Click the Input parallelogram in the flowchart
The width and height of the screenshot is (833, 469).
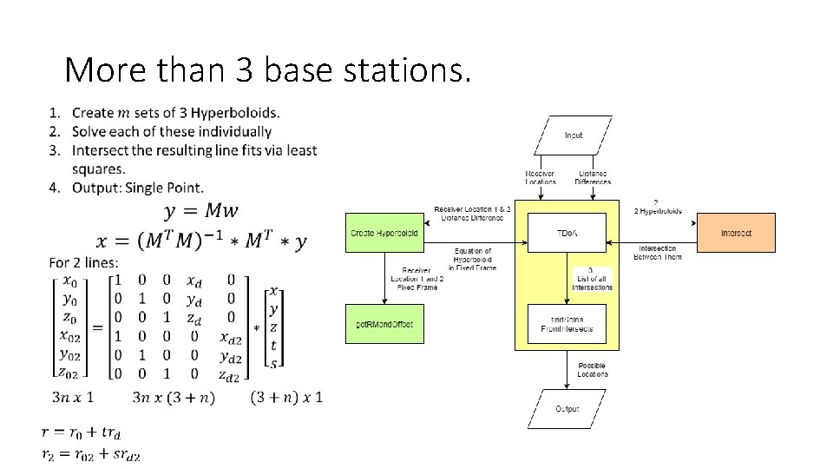pos(574,135)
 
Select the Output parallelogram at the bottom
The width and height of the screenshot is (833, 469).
pos(567,409)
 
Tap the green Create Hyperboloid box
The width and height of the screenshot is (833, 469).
pos(384,233)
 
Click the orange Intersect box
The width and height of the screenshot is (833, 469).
pos(736,233)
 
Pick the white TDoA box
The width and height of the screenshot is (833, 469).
pos(567,233)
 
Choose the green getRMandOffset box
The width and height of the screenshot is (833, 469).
pos(384,324)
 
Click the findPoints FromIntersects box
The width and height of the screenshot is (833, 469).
pos(567,324)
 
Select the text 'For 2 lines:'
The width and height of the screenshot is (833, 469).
pos(84,262)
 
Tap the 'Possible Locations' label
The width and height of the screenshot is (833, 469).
pos(593,369)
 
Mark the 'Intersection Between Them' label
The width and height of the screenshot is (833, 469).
pos(658,253)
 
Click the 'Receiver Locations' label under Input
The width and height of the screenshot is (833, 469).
pos(541,177)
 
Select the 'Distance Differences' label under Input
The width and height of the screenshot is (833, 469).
pos(593,177)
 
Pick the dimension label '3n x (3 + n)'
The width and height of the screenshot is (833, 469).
pos(174,398)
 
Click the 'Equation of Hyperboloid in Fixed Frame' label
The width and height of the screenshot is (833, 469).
pos(473,260)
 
